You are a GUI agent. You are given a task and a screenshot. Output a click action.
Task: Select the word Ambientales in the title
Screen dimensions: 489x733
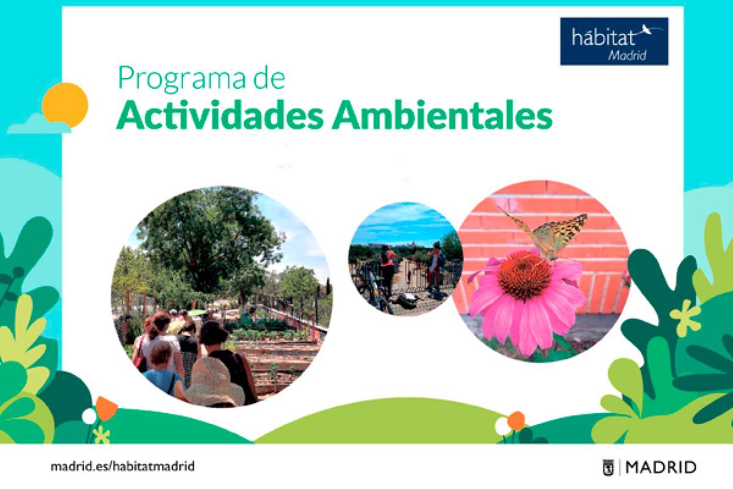click(x=442, y=116)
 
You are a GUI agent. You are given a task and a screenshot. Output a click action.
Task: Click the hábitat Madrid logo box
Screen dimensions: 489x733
click(x=614, y=41)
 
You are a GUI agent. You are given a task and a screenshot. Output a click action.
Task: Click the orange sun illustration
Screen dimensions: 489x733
click(x=65, y=105)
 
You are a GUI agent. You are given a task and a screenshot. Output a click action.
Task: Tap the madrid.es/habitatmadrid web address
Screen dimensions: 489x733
click(x=122, y=466)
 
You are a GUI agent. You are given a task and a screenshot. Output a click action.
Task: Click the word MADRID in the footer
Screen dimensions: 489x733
click(x=661, y=468)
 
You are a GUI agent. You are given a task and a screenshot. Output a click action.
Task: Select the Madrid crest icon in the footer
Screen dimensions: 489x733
click(x=608, y=468)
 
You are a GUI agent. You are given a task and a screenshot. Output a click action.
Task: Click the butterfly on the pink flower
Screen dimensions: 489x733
click(x=550, y=232)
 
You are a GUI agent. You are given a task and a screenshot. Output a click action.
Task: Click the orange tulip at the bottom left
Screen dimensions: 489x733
click(x=106, y=408)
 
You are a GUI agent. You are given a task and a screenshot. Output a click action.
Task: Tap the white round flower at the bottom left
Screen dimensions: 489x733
click(x=89, y=416)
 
